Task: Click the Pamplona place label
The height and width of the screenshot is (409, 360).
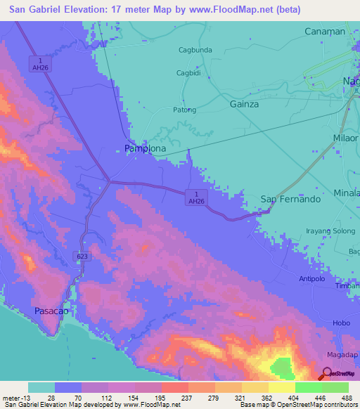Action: pos(145,149)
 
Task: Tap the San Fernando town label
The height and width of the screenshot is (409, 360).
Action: pos(290,199)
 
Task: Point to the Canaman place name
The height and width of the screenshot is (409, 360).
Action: pos(325,32)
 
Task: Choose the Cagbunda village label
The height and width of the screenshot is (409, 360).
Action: pos(195,50)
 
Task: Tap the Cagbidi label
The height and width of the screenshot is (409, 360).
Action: pos(189,73)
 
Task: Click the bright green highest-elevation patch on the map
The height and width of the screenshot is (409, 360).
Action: pos(281,367)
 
